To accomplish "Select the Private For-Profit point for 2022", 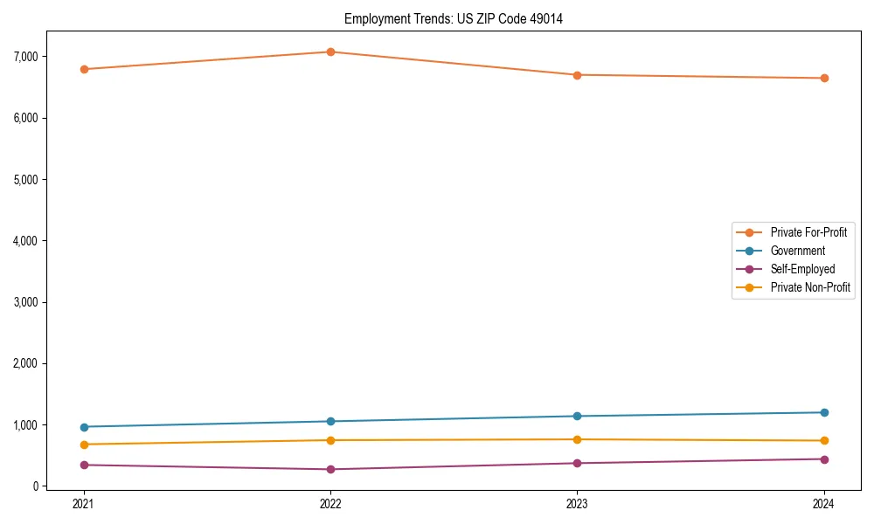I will click(330, 52).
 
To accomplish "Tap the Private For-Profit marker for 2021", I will click(84, 69).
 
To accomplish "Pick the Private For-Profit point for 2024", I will click(824, 79).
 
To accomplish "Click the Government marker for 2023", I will click(577, 416).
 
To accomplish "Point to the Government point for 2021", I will click(84, 427).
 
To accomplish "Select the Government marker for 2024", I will click(824, 412).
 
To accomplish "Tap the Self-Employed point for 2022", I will click(330, 470).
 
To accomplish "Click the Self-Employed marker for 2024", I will click(824, 459).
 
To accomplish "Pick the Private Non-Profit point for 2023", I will click(577, 439).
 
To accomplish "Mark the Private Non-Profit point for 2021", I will click(84, 445).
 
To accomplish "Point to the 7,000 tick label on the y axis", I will click(24, 57).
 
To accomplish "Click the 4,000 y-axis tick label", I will click(24, 241).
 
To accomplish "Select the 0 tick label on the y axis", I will click(35, 486).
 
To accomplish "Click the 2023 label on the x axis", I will click(577, 504).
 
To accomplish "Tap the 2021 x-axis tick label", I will click(84, 504).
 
